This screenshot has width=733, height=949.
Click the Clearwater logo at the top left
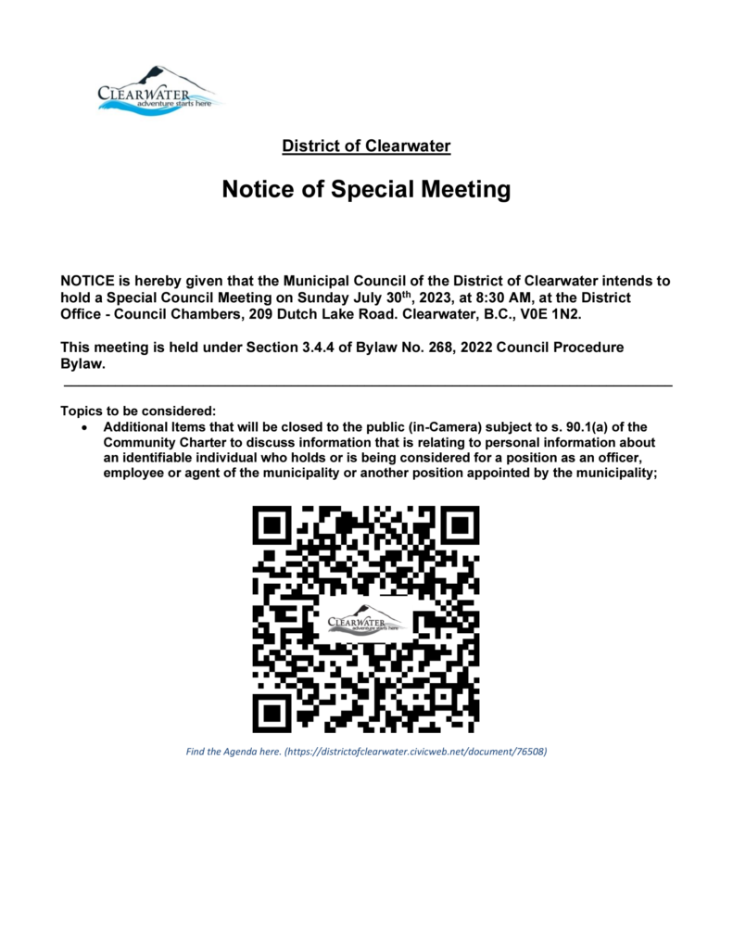point(156,90)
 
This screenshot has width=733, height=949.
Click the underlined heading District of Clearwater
point(366,146)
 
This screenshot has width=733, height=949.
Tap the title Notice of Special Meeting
point(366,190)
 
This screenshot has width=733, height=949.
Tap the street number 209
point(248,314)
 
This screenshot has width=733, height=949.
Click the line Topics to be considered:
point(137,411)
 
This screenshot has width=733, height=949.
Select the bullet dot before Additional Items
point(85,427)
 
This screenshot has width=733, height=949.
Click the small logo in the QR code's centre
point(366,619)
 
